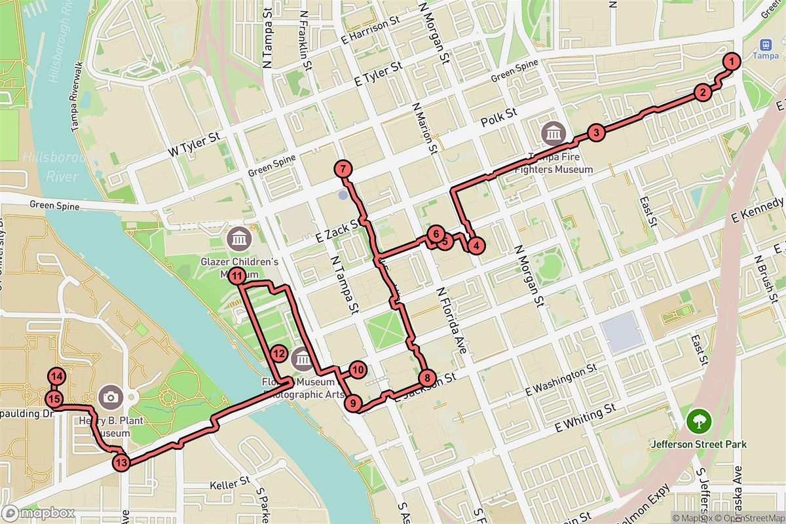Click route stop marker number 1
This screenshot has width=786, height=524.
tap(732, 61)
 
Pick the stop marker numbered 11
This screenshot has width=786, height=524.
tap(237, 275)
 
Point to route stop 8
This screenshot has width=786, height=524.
tap(426, 377)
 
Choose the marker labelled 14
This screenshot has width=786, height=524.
tap(57, 377)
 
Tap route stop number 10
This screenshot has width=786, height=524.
tap(357, 369)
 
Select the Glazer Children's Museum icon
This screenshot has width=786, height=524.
tap(239, 239)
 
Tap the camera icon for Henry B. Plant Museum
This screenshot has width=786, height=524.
tap(111, 397)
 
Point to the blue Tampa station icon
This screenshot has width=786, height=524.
tap(764, 44)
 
